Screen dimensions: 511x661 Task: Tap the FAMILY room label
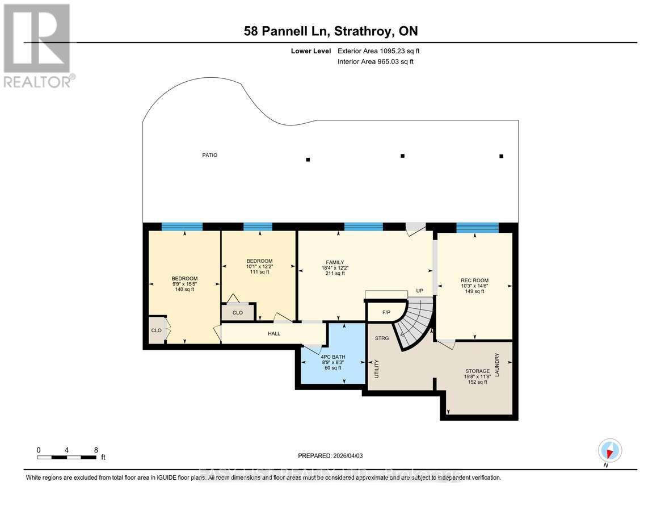click(335, 262)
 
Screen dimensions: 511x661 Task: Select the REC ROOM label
click(474, 280)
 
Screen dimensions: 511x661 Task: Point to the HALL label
click(274, 334)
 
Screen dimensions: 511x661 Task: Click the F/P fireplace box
click(386, 312)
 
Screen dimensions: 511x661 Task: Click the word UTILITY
click(376, 368)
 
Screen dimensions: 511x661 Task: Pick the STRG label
click(382, 338)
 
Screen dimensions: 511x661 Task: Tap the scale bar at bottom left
click(67, 457)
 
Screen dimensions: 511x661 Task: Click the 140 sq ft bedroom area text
click(184, 290)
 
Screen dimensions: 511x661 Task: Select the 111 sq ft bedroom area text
click(259, 272)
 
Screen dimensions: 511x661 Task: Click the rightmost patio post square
click(501, 156)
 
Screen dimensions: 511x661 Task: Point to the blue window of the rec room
click(477, 228)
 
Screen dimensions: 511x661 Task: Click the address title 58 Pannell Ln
click(330, 31)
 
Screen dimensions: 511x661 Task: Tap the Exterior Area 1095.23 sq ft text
click(378, 51)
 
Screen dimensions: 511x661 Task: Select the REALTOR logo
click(37, 45)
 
